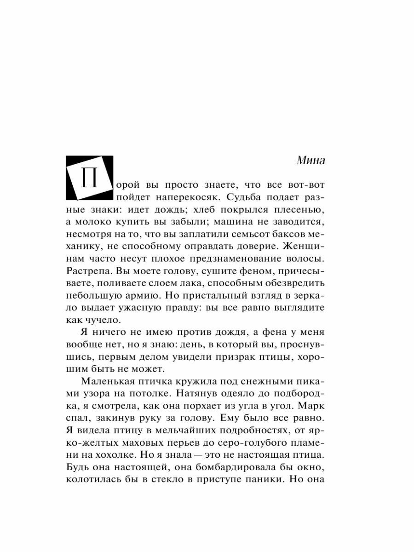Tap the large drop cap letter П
point(90,178)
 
